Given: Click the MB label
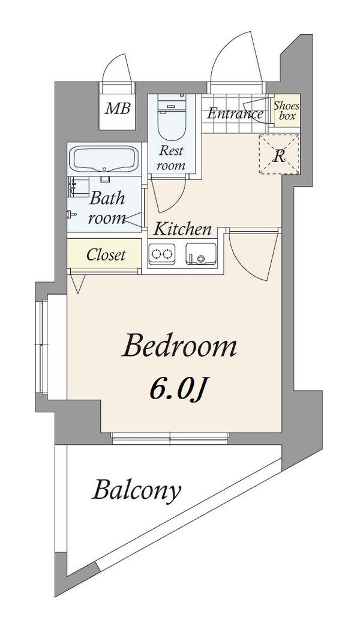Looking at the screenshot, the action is pos(118,108).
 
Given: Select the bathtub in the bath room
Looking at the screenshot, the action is pos(104,159).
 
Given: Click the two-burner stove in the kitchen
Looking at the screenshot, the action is pos(163,253).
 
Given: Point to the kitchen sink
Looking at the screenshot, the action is pos(201,254).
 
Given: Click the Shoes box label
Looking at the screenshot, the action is pos(287,111).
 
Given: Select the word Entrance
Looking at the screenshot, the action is pos(235,114).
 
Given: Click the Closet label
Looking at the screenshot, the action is pos(106,255).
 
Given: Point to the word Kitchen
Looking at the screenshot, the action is pos(183,229).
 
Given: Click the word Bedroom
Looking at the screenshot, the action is pos(179,347).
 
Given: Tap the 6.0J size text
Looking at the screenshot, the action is pos(178,389).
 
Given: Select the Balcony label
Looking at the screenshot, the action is pos(136,490).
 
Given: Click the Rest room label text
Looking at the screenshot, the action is pos(171,158).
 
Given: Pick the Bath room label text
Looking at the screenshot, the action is pos(107,208).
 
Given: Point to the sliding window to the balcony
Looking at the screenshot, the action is pos(170,438).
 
